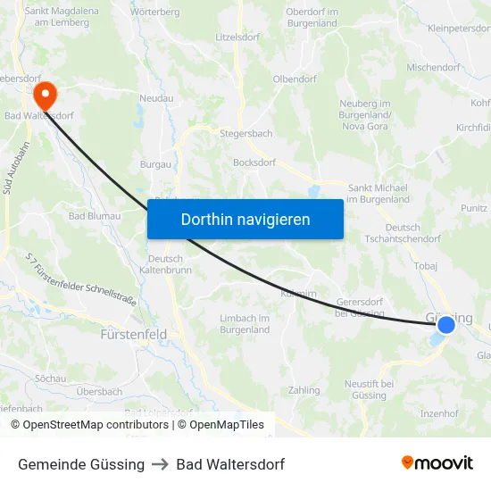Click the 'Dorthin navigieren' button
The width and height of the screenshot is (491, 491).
[245, 219]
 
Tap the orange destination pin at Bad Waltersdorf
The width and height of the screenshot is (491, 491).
[44, 94]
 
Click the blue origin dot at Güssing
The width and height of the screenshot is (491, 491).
[445, 325]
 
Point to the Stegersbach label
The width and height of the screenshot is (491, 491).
[247, 134]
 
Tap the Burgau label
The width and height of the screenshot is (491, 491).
[155, 164]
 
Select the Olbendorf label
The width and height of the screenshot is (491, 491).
[295, 79]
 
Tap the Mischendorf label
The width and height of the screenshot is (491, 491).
[433, 67]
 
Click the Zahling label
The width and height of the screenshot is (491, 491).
[304, 390]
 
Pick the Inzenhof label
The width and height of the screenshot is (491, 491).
[439, 413]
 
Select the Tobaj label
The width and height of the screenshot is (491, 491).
[426, 266]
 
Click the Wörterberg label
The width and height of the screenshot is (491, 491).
[154, 12]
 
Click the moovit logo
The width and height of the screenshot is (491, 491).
[437, 463]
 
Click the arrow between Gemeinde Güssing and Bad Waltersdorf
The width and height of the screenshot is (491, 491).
[161, 464]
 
